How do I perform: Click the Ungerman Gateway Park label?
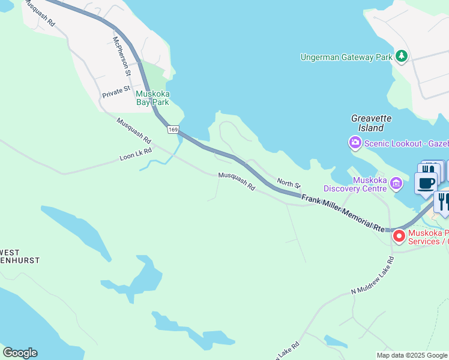pyautogui.click(x=346, y=57)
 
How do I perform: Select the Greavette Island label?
pyautogui.click(x=367, y=123)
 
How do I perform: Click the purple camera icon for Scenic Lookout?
pyautogui.click(x=355, y=142)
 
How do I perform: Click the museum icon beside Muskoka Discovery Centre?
pyautogui.click(x=396, y=182)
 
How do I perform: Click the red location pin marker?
pyautogui.click(x=399, y=236)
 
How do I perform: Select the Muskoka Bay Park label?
pyautogui.click(x=152, y=98)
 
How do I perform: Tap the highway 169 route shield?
pyautogui.click(x=173, y=130)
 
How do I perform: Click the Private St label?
pyautogui.click(x=116, y=92)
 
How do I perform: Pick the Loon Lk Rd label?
pyautogui.click(x=136, y=155)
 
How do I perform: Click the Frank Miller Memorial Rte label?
pyautogui.click(x=342, y=213)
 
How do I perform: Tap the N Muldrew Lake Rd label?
pyautogui.click(x=372, y=275)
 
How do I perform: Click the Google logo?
pyautogui.click(x=20, y=353)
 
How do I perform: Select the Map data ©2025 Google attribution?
pyautogui.click(x=412, y=355)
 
